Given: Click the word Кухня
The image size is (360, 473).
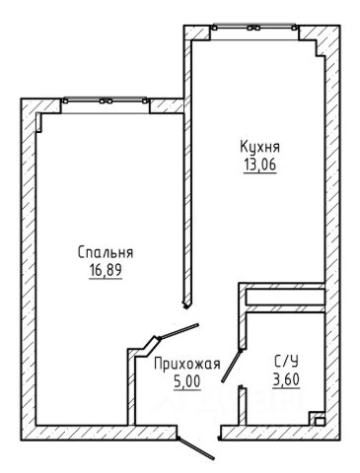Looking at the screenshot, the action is click(259, 147).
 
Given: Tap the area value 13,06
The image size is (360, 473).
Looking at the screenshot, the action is click(259, 165).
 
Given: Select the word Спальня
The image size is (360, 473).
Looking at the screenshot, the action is click(106, 253).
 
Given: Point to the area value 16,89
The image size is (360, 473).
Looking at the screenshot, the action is click(106, 270).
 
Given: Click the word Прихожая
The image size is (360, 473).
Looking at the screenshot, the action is click(187, 364).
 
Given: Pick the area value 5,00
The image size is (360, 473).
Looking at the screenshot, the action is click(187, 381).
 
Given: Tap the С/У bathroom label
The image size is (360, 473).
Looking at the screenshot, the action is click(286, 362).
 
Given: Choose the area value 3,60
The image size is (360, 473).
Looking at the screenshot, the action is click(286, 380).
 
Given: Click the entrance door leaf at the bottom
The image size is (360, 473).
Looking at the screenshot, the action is click(196, 448).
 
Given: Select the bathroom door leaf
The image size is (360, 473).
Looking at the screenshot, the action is click(232, 366).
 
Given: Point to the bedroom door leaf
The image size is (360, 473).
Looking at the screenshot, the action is click(179, 331).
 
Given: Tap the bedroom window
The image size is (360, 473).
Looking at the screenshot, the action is click(106, 102).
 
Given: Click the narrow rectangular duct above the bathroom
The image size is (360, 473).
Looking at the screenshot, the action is click(285, 297).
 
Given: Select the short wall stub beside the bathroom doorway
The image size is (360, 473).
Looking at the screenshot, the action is click(243, 406).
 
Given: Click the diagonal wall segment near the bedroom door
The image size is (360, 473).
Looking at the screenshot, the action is click(150, 346).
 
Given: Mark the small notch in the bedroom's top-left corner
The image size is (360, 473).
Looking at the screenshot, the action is click(39, 122).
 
